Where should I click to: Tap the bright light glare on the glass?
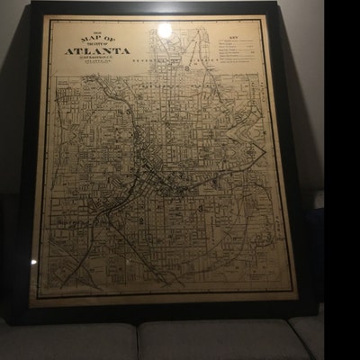(165, 31)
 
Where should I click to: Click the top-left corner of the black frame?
(32, 4)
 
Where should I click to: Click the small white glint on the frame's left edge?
(33, 262)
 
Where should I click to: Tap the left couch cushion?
(67, 342)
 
